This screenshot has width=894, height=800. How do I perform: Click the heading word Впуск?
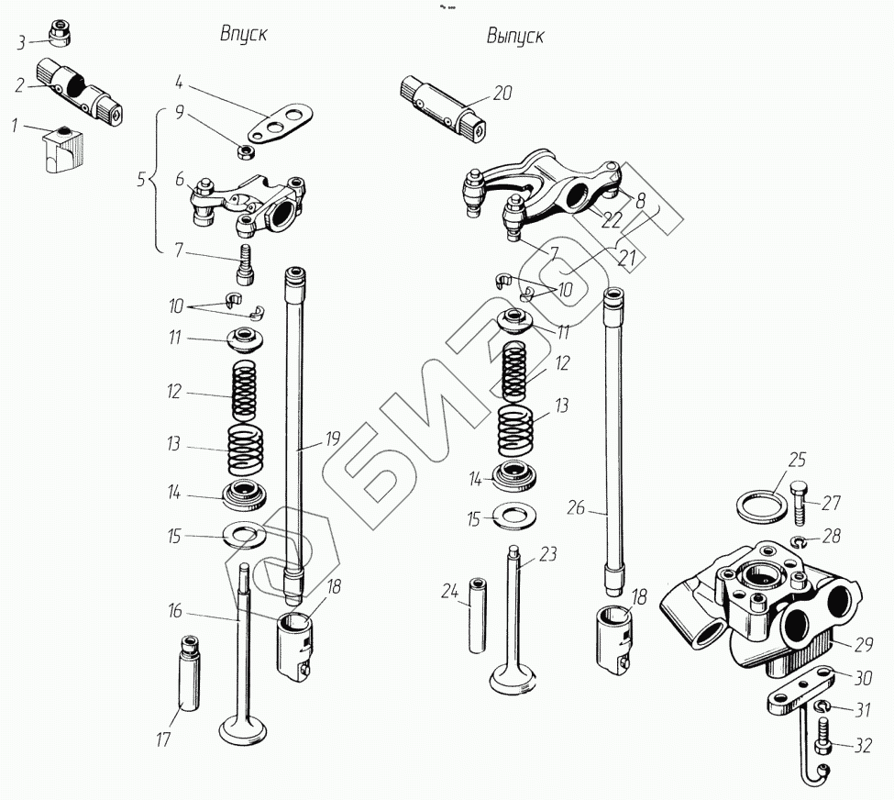(x=242, y=35)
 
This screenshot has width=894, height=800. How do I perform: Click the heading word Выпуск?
(x=515, y=37)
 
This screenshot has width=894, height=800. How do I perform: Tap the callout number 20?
(x=502, y=93)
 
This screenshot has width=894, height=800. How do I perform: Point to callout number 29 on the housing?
(x=863, y=645)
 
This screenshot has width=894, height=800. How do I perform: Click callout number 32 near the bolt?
(x=862, y=746)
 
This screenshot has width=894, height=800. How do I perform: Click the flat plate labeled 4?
(x=281, y=123)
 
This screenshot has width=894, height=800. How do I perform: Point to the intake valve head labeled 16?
(x=242, y=730)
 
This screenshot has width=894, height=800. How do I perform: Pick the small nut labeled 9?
(x=246, y=150)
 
